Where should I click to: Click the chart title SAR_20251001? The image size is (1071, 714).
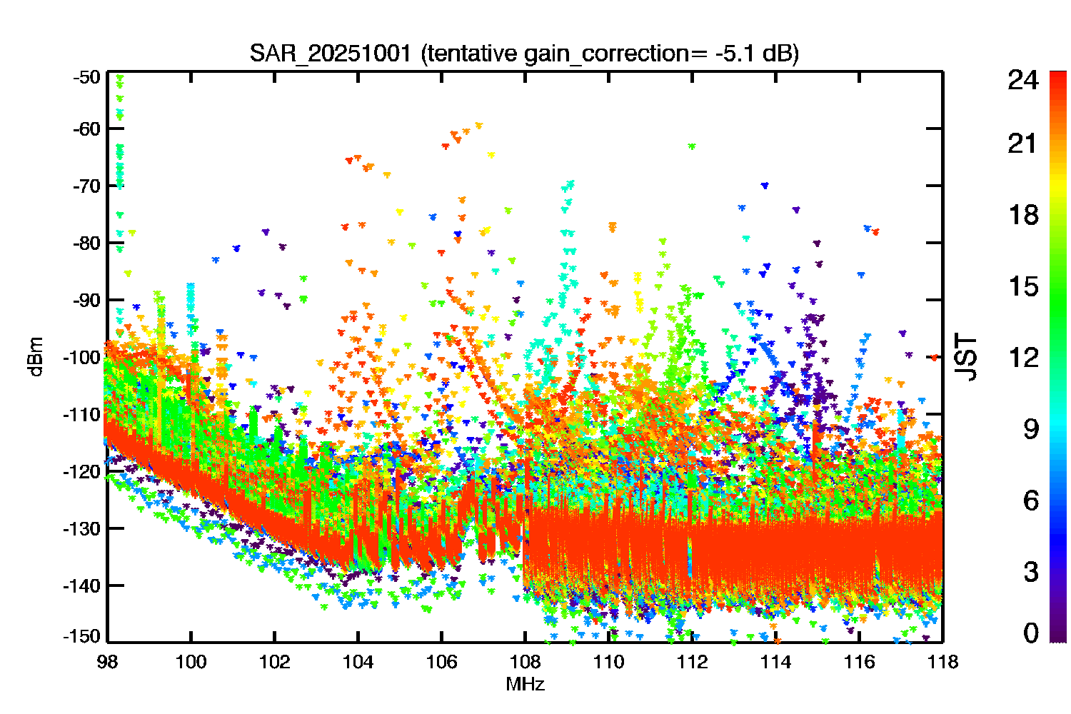[330, 54]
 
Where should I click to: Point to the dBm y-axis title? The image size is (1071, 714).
[36, 357]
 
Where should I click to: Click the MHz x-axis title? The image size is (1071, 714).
[525, 684]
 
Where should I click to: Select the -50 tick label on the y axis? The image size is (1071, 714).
[86, 77]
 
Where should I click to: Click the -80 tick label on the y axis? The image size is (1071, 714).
[86, 243]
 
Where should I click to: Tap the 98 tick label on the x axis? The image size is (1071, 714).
[108, 662]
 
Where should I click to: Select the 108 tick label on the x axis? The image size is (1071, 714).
[525, 662]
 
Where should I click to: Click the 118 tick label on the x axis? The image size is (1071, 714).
[943, 662]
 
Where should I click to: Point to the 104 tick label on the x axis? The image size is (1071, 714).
[358, 662]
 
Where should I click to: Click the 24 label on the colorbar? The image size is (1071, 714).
[1023, 79]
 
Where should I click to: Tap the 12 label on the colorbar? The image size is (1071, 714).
[1023, 357]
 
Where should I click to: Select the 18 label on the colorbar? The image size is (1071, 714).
[1023, 215]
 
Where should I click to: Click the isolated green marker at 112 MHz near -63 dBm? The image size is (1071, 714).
[691, 146]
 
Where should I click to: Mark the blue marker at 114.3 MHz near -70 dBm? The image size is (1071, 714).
[765, 186]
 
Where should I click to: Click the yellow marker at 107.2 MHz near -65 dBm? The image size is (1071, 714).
[491, 155]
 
